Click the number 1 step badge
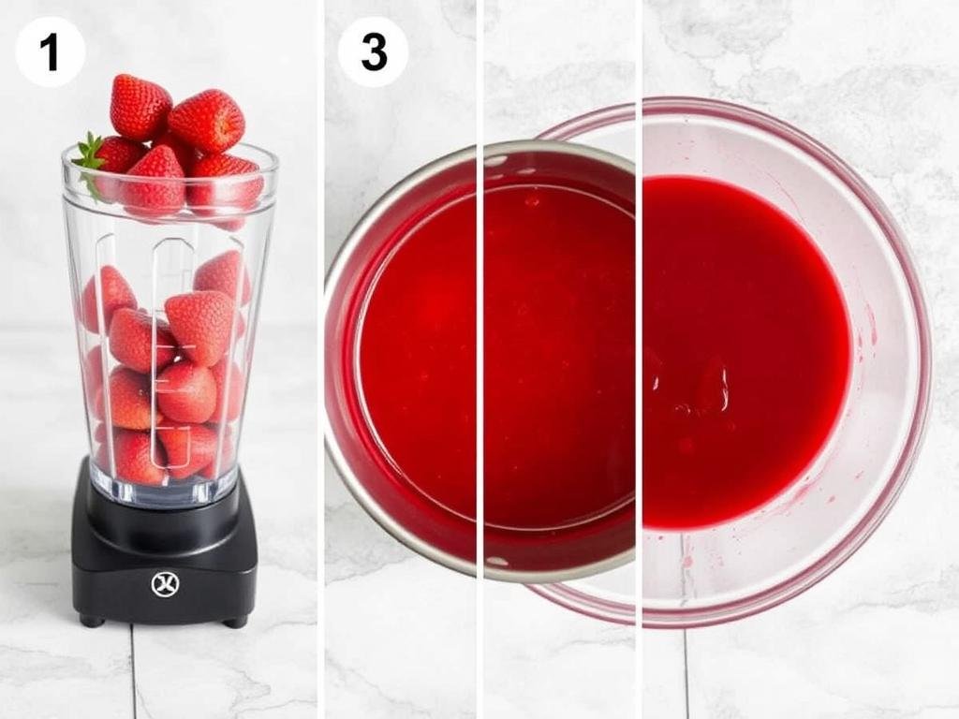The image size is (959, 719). tap(50, 52)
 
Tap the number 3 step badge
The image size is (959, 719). tap(373, 52)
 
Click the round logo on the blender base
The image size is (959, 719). tap(164, 584)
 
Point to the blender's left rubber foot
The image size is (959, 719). tap(91, 620)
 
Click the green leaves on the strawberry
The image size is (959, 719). tap(89, 153)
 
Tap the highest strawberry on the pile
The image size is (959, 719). tap(140, 106)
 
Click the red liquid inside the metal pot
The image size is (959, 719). tap(487, 356)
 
